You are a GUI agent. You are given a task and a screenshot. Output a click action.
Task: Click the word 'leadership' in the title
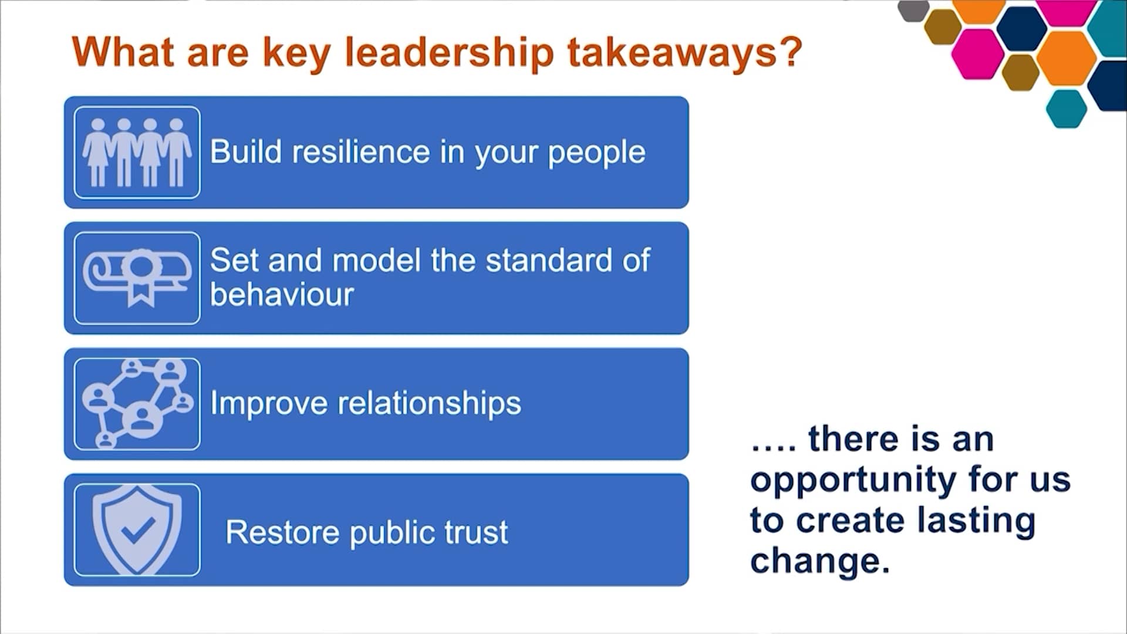click(449, 53)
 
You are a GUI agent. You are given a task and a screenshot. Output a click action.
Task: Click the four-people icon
click(137, 152)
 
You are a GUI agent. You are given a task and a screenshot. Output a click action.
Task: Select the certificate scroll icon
click(137, 278)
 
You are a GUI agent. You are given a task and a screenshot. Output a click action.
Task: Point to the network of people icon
click(137, 404)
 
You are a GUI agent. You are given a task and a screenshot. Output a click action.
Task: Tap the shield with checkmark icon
click(137, 530)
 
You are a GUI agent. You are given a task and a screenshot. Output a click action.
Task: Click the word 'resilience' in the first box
click(361, 152)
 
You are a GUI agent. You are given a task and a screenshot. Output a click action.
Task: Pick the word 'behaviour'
click(282, 294)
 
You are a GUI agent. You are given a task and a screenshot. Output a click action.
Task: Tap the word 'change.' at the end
click(820, 561)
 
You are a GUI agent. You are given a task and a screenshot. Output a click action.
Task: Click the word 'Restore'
click(282, 532)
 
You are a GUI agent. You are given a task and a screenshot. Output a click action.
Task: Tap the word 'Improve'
click(268, 404)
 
